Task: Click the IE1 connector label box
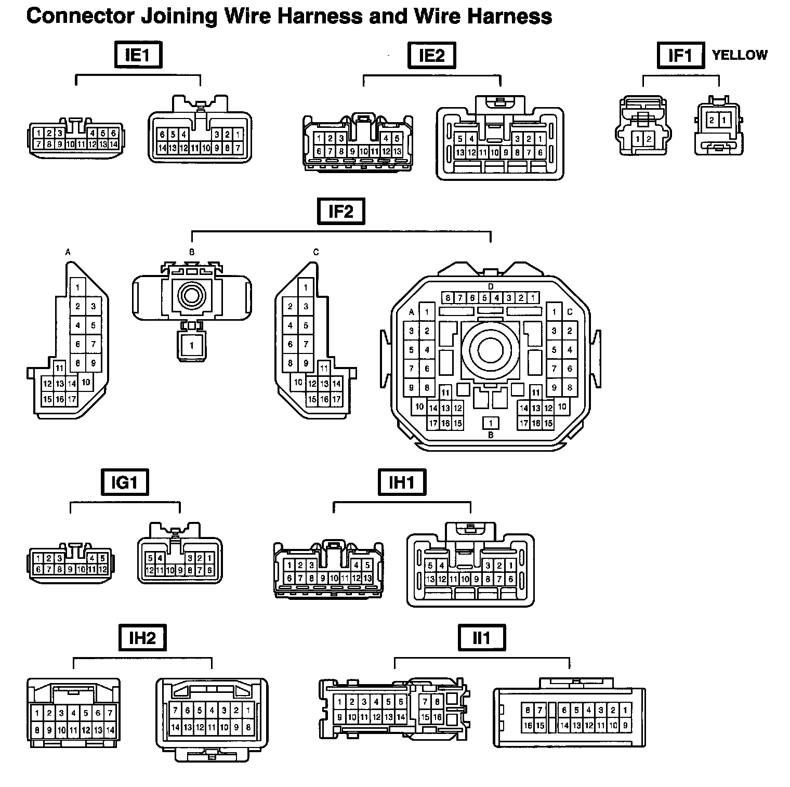point(138,55)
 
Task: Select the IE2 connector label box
point(431,55)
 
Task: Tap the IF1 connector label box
point(680,55)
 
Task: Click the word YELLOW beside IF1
point(739,55)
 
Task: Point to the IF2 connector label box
point(341,211)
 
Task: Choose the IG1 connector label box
point(124,482)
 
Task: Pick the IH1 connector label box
point(402,482)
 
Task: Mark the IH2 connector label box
point(142,637)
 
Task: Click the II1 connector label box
point(482,637)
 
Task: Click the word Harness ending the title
point(509,17)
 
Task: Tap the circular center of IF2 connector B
point(192,296)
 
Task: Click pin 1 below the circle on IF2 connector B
point(192,345)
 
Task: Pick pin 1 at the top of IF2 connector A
point(78,287)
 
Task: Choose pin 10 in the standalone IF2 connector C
point(298,382)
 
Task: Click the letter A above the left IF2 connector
point(68,252)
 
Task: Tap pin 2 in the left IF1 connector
point(649,139)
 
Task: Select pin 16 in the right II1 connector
point(528,726)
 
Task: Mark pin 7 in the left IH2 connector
point(110,713)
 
